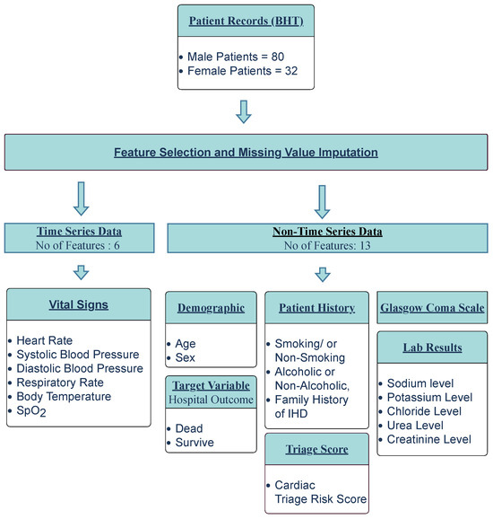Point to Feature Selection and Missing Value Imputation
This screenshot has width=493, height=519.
(x=246, y=153)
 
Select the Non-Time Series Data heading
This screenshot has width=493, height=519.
(x=327, y=230)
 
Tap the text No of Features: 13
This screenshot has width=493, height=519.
(x=327, y=243)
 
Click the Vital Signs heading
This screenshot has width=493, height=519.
(x=79, y=304)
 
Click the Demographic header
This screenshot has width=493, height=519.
(x=212, y=308)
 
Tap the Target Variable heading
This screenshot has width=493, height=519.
(x=212, y=384)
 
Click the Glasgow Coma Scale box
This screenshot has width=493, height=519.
(x=432, y=308)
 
